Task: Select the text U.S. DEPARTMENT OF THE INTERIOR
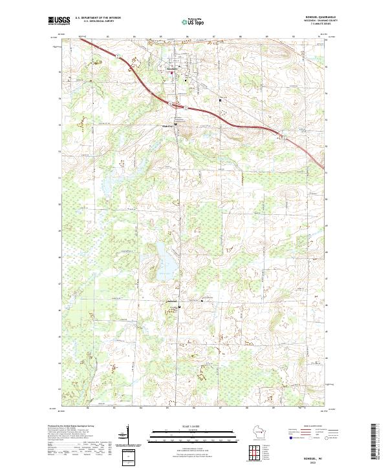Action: tap(102, 18)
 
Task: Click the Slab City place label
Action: tap(167, 125)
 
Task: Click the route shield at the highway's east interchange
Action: tap(283, 135)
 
